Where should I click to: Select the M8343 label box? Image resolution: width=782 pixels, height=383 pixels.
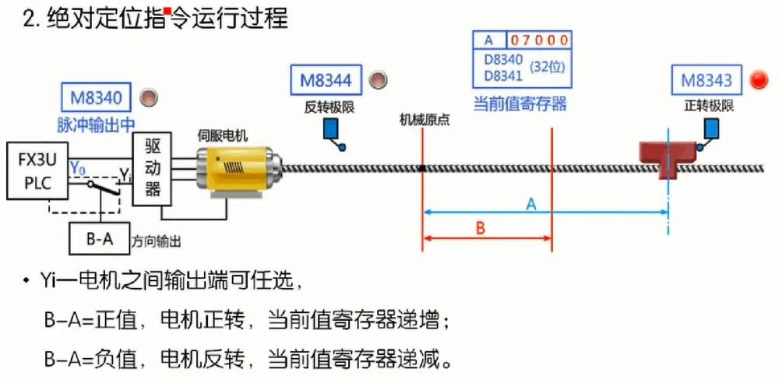click(x=706, y=80)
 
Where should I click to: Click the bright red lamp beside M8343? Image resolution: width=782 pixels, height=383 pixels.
click(x=759, y=79)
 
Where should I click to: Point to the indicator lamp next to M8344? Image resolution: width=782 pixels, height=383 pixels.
click(x=378, y=79)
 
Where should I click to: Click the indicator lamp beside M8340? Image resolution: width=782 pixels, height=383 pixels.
click(x=148, y=98)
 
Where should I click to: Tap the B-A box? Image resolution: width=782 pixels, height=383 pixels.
click(x=99, y=239)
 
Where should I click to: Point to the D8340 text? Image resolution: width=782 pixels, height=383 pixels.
click(x=502, y=61)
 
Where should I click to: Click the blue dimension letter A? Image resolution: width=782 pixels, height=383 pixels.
click(x=530, y=204)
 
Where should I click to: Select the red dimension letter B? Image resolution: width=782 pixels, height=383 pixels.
click(x=481, y=229)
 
